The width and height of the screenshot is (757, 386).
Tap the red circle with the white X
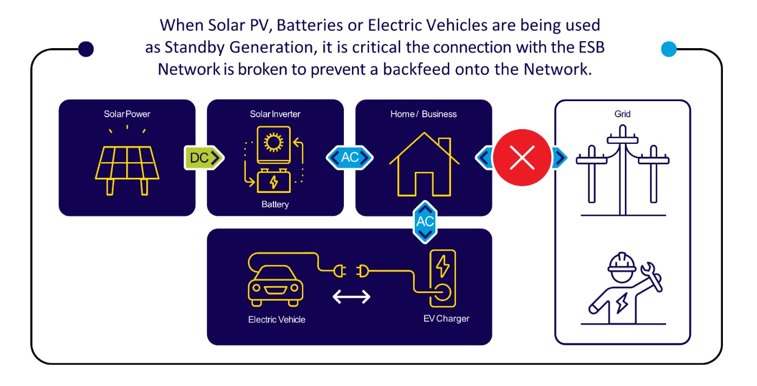tap(522, 157)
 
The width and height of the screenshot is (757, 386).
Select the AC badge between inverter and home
tap(350, 157)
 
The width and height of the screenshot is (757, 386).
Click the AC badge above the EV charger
tap(425, 221)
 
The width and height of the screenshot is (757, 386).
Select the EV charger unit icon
tap(443, 278)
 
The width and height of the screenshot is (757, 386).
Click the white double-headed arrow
tap(351, 297)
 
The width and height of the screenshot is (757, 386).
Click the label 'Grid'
tap(623, 114)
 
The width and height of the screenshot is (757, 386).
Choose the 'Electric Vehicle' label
tap(277, 320)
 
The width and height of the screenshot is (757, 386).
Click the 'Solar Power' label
tap(127, 114)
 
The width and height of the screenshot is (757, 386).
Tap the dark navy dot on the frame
tap(86, 49)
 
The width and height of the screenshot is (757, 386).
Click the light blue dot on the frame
tap(669, 49)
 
